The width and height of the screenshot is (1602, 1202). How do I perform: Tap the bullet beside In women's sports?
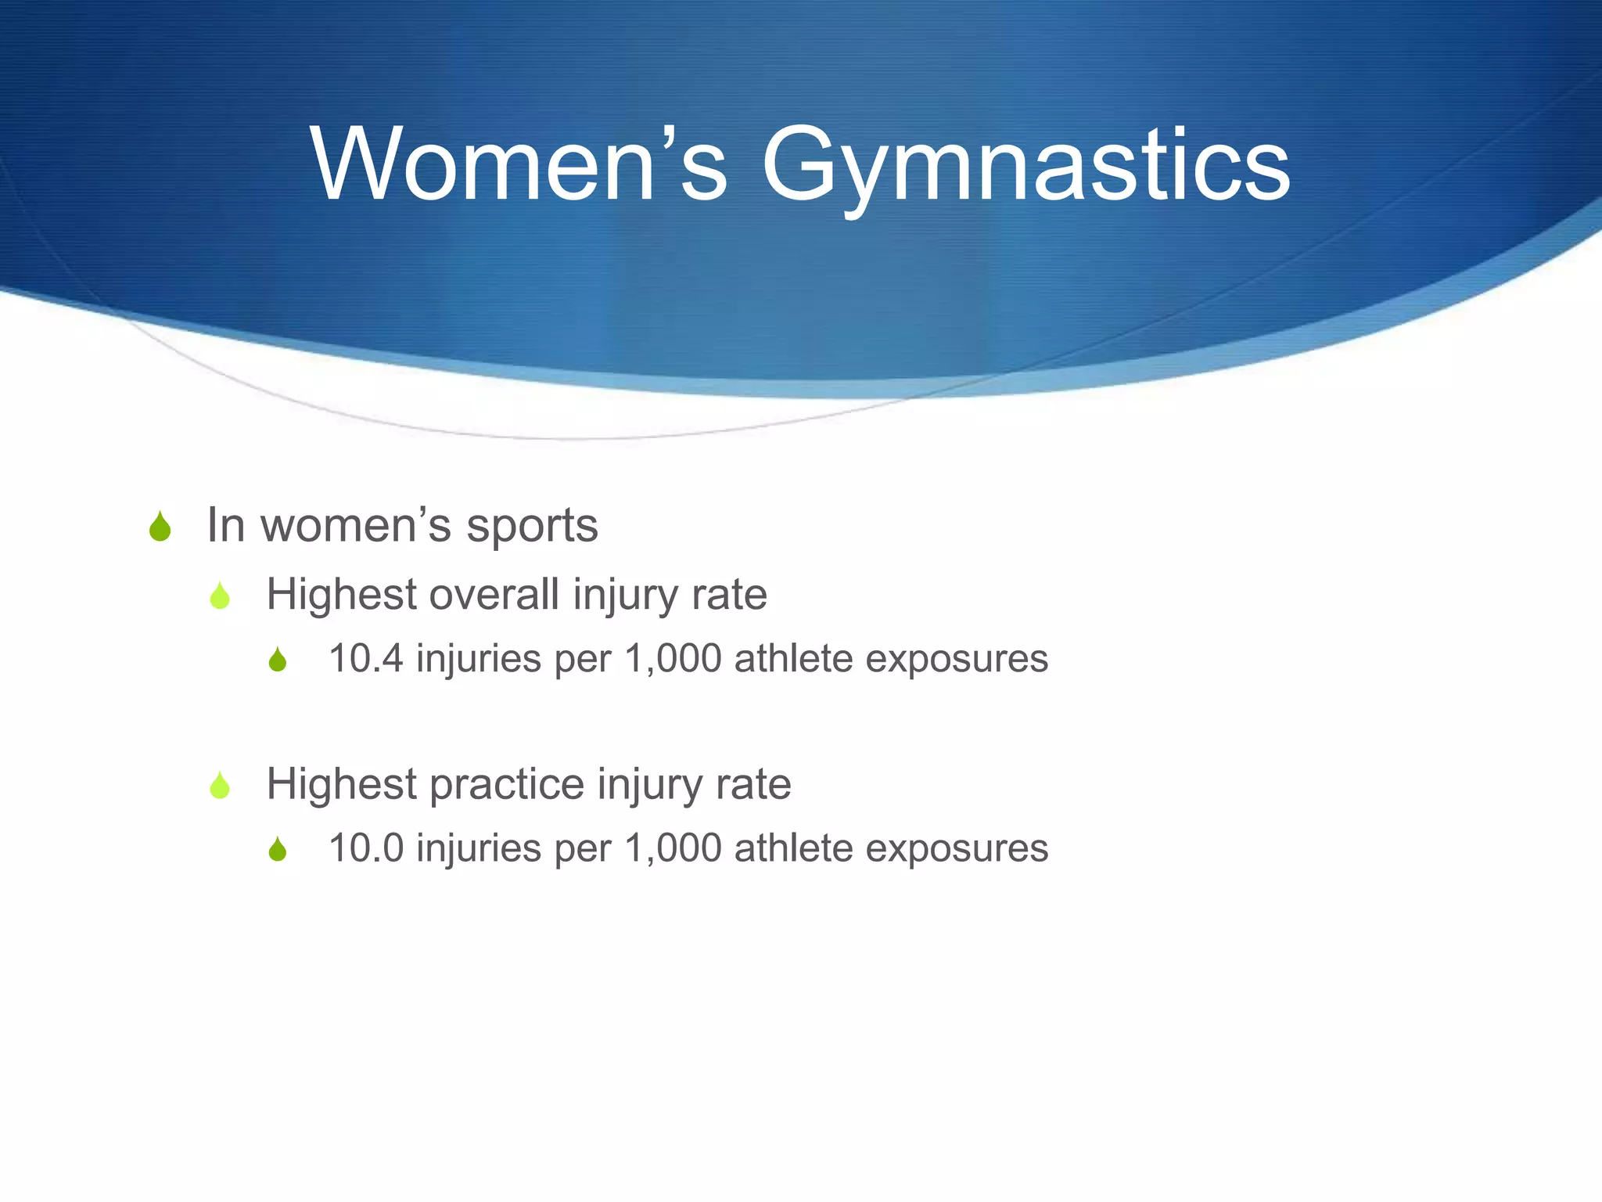(x=160, y=526)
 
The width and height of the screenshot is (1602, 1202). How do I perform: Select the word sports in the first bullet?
(x=532, y=526)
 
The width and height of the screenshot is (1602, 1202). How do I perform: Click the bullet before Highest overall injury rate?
(x=220, y=596)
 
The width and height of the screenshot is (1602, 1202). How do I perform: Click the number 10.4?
(x=366, y=658)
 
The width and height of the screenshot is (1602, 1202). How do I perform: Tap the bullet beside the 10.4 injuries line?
(x=278, y=660)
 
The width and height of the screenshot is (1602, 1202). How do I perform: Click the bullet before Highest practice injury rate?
(x=220, y=785)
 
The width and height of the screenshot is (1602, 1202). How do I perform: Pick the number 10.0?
(x=366, y=848)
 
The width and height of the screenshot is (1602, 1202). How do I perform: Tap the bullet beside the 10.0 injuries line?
(x=278, y=849)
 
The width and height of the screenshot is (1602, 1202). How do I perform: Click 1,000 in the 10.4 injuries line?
(x=673, y=658)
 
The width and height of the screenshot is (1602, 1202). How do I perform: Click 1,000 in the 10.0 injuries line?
(x=673, y=848)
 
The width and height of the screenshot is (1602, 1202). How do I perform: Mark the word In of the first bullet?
(x=225, y=525)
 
